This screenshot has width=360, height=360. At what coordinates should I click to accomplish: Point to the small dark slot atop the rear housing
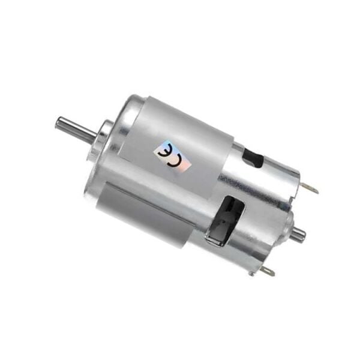click(x=254, y=159)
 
